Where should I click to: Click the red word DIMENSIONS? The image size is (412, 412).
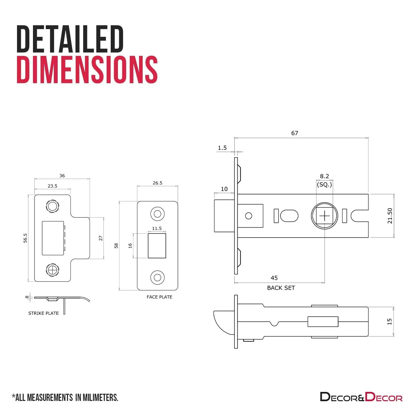pos(87,70)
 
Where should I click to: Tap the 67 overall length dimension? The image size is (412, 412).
pos(295,133)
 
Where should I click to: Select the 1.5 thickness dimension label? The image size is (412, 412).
pos(222,148)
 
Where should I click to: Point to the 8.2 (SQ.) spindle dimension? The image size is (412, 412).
pos(324,180)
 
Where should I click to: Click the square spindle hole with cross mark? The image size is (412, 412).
pos(324,216)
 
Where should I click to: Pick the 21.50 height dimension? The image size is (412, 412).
pos(390,216)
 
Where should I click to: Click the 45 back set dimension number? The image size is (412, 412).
pos(274,278)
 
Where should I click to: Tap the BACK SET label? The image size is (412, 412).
pos(281,288)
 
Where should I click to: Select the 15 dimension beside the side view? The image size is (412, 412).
pos(389,321)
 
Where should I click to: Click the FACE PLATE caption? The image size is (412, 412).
pos(159,297)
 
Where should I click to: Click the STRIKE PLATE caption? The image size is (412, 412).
pos(44,313)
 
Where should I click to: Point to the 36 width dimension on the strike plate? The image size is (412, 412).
pos(62,176)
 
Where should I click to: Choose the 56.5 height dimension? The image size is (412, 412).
pos(25,238)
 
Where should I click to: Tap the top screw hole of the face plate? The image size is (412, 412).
pos(157,214)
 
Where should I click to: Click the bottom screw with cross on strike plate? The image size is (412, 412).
pos(53,270)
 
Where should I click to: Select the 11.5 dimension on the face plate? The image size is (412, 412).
pos(157,228)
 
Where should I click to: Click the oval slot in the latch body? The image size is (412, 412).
pos(289,216)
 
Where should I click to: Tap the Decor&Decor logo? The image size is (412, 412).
pos(361,397)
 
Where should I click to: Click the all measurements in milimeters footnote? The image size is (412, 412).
pos(65,397)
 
